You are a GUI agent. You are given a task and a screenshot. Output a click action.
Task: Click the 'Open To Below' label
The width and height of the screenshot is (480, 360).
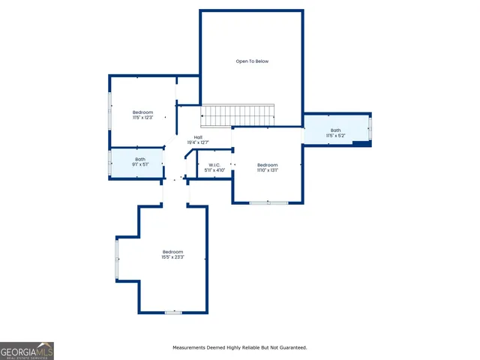click(252, 61)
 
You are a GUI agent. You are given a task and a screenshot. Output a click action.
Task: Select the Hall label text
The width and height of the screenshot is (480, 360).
click(198, 136)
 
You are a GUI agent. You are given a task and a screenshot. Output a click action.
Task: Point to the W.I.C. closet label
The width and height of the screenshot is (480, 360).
click(214, 165)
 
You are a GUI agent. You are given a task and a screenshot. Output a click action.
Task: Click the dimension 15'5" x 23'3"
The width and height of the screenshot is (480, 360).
click(172, 257)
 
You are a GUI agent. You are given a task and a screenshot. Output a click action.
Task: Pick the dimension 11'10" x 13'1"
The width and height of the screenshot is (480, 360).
click(267, 170)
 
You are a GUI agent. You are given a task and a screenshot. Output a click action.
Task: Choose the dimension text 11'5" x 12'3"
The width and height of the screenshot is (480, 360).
click(142, 118)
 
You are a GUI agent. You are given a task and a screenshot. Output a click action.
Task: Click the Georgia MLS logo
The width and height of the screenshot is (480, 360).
click(27, 351)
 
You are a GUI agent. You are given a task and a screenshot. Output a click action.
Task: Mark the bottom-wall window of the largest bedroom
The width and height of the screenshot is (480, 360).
click(173, 312)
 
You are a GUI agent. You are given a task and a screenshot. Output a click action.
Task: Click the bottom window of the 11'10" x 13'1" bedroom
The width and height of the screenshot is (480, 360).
click(268, 202)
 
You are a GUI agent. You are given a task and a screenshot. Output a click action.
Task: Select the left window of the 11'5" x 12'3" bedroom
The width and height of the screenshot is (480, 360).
click(110, 111)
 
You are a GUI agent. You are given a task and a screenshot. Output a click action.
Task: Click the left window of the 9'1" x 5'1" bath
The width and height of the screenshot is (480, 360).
click(110, 163)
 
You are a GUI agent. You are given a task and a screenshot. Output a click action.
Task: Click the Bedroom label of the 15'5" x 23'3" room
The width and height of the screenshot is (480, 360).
click(172, 251)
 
